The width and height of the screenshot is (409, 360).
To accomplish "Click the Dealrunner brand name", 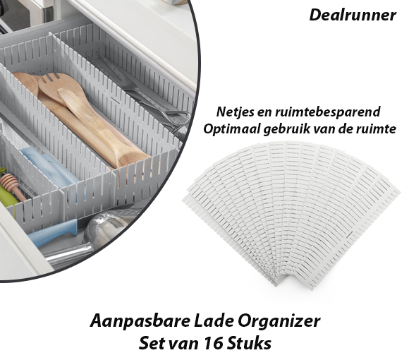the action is click(x=353, y=15).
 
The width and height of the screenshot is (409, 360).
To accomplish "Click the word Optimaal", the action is click(x=231, y=129).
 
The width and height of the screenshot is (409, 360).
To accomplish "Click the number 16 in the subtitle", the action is click(x=213, y=343).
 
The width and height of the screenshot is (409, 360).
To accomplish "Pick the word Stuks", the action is click(x=249, y=343).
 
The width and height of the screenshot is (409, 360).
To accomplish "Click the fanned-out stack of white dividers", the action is click(x=291, y=209).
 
